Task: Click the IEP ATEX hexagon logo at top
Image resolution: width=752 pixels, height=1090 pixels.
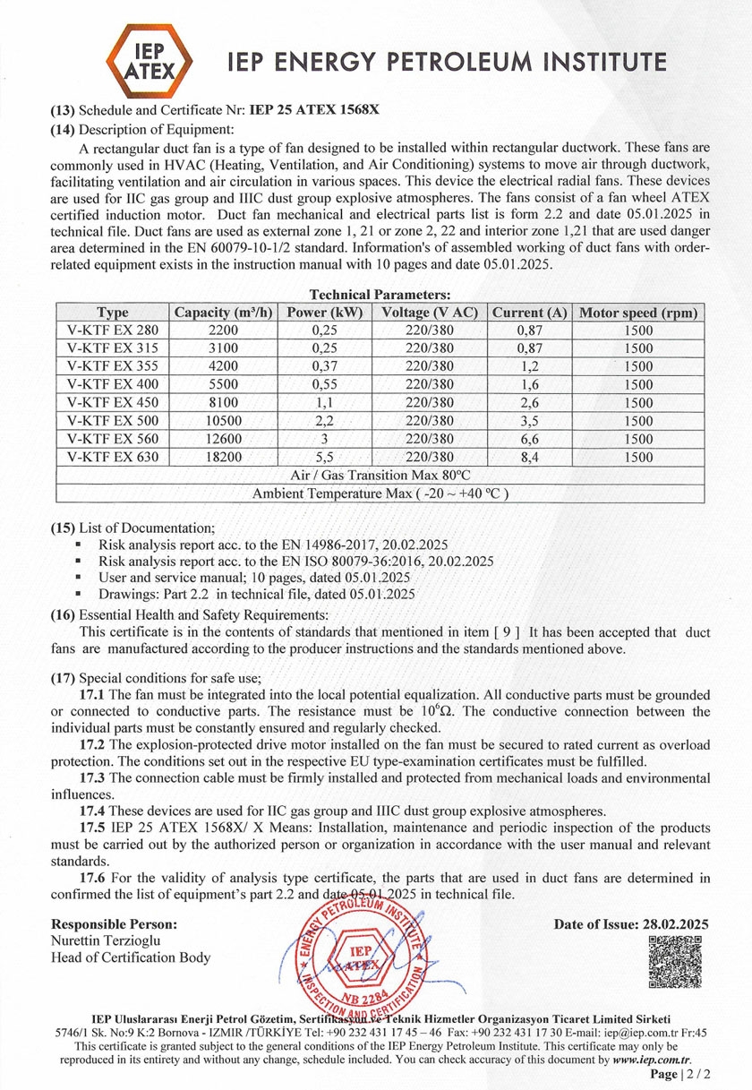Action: (x=149, y=60)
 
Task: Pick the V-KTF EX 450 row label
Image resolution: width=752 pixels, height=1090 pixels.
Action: (x=113, y=402)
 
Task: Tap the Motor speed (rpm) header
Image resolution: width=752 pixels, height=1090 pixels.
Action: (x=638, y=313)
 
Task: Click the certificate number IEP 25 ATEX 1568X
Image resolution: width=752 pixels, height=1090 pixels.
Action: (x=313, y=111)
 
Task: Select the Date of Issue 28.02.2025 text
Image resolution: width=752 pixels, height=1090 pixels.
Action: (x=631, y=924)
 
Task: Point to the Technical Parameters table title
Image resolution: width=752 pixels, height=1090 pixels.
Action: (x=379, y=294)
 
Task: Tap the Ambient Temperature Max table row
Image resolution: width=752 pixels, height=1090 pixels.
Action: (x=380, y=494)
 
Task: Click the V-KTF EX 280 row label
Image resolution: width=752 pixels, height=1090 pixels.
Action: (x=113, y=330)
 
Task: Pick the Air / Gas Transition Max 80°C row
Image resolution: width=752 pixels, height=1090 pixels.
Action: (x=380, y=475)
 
